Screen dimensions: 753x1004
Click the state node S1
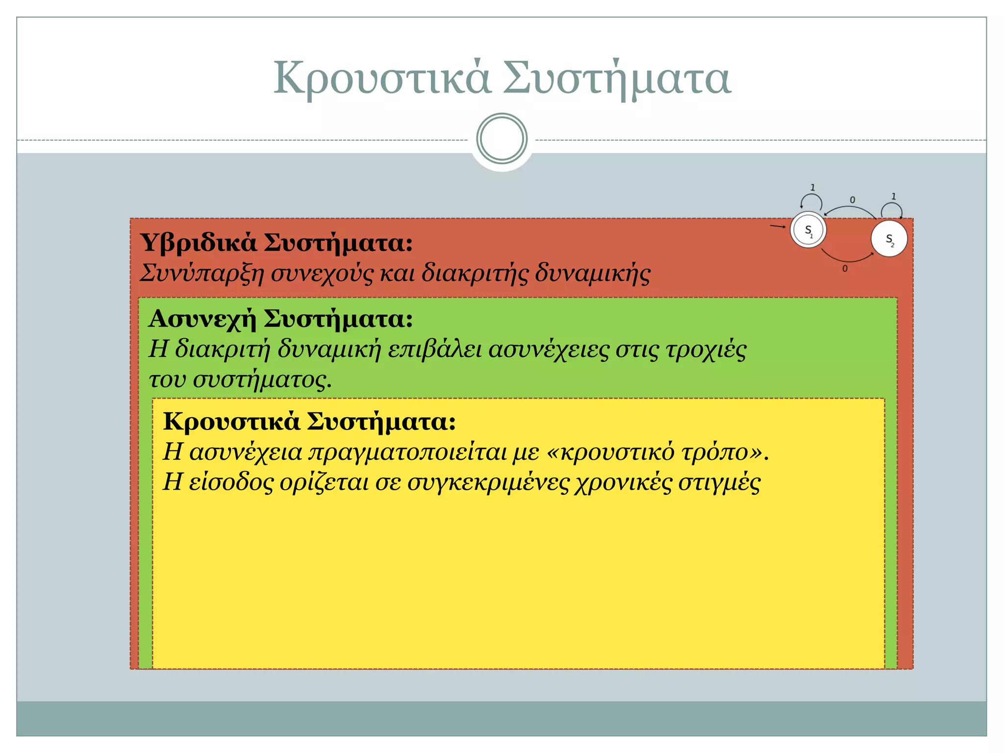[808, 230]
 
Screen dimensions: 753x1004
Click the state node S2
[889, 239]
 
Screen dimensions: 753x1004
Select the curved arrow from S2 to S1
[851, 208]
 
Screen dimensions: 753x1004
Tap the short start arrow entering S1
[778, 226]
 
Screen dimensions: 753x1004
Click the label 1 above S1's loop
[812, 187]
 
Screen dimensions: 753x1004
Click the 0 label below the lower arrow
[845, 269]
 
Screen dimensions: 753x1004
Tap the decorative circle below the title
[502, 139]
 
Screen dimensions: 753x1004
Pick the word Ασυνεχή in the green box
[202, 319]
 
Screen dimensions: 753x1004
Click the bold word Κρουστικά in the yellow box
[231, 421]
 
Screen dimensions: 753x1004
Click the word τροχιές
[705, 350]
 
